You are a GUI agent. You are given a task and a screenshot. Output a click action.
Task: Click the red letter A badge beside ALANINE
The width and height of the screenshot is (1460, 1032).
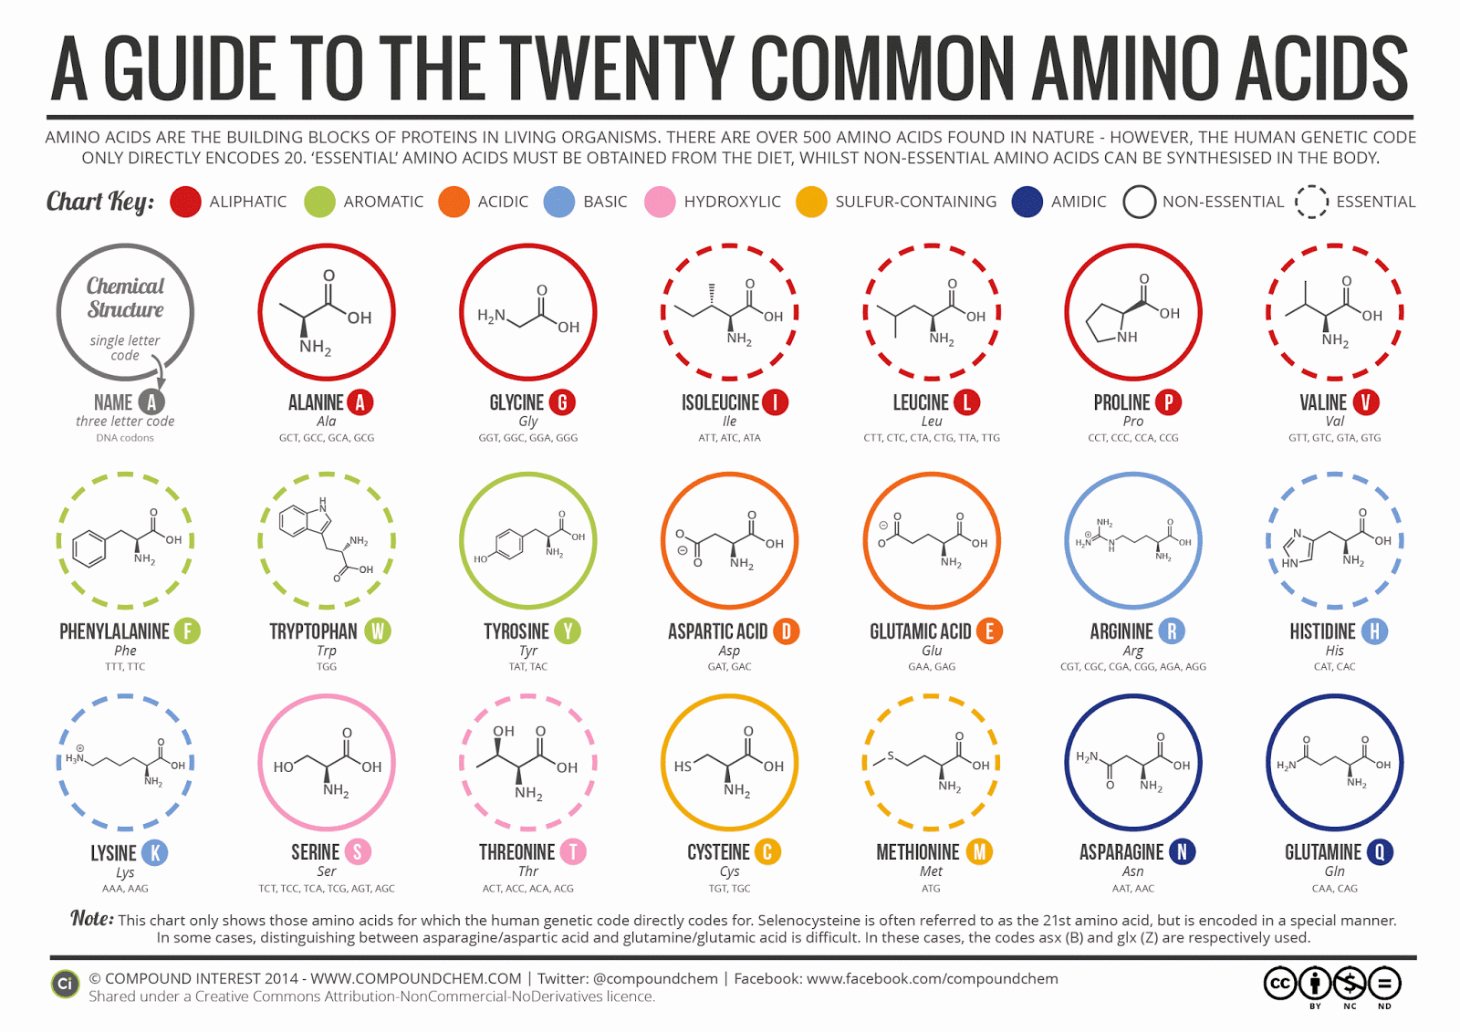tap(360, 402)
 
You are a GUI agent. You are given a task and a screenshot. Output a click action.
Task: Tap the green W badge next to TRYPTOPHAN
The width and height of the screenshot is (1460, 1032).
tap(378, 631)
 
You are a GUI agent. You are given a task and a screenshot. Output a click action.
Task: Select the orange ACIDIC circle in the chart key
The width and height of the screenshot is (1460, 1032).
tap(454, 202)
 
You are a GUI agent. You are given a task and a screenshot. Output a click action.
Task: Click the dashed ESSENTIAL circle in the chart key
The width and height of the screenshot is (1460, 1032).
tap(1311, 202)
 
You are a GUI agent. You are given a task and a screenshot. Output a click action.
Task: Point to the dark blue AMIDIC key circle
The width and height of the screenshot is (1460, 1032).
tap(1027, 202)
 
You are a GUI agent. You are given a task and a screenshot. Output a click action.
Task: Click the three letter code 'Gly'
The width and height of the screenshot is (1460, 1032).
tap(527, 422)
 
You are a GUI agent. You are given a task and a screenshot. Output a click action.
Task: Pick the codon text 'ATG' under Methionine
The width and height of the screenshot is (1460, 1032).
tap(931, 888)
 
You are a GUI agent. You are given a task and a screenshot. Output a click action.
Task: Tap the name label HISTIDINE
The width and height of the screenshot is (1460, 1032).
tap(1322, 631)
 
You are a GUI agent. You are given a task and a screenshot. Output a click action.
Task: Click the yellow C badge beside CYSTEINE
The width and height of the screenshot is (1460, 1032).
tap(767, 852)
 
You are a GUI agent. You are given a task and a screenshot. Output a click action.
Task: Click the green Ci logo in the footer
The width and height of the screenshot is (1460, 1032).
tap(65, 985)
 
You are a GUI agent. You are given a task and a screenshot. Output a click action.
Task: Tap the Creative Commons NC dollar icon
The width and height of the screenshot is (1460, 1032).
tap(1350, 984)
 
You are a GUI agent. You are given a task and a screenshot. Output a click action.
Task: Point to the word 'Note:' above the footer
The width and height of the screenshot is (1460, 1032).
tap(92, 918)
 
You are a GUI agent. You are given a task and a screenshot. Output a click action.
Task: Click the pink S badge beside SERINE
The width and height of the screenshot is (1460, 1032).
tap(358, 852)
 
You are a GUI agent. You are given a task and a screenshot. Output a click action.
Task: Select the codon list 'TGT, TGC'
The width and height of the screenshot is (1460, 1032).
tap(729, 888)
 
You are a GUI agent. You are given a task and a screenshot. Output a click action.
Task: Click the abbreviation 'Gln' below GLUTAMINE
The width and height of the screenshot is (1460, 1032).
tap(1334, 871)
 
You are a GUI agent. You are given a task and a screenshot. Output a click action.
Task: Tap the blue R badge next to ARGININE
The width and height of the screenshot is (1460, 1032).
tap(1173, 631)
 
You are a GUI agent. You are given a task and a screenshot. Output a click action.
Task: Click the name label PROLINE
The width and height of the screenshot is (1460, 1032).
tap(1121, 402)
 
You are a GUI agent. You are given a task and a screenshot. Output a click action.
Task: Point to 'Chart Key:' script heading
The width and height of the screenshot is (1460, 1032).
tap(100, 202)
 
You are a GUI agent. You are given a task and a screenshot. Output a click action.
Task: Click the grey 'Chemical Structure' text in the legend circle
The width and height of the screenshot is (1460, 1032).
tap(125, 297)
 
